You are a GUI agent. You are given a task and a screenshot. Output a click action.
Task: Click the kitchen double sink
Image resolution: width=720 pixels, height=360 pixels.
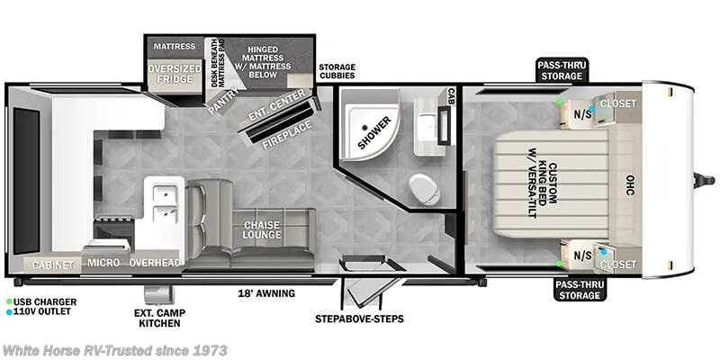(x=165, y=202)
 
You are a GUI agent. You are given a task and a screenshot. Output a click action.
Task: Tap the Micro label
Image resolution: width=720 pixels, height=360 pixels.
(x=104, y=263)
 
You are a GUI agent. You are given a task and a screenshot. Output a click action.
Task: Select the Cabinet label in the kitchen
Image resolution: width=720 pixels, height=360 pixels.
(x=53, y=265)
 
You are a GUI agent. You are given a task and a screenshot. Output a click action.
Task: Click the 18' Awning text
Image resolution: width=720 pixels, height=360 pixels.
(x=265, y=293)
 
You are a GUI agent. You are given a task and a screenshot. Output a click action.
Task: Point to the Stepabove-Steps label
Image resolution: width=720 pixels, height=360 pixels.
(x=359, y=319)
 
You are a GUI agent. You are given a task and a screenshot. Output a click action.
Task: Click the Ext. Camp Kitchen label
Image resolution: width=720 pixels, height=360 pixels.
(x=157, y=316)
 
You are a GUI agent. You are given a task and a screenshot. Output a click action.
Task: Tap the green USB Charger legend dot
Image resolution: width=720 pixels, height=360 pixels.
(x=9, y=301)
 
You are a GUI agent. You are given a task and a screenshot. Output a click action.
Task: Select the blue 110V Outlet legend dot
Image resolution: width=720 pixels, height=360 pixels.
(x=9, y=312)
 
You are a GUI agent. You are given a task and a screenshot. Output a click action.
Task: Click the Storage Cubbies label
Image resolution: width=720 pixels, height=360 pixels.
(x=337, y=72)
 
